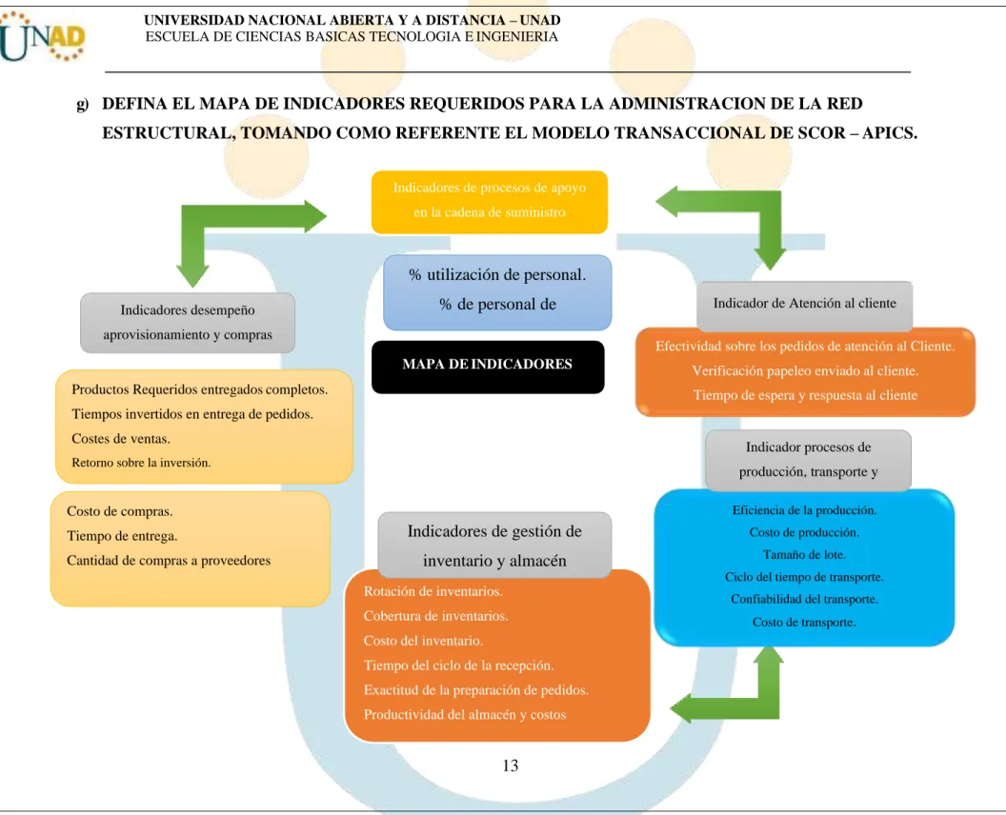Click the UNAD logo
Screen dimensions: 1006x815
click(42, 38)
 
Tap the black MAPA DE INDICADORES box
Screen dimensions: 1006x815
click(488, 367)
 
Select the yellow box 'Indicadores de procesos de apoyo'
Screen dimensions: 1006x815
click(490, 202)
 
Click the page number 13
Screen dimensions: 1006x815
click(510, 765)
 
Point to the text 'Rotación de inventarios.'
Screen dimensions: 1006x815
click(433, 591)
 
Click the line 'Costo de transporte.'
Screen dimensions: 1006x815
click(804, 622)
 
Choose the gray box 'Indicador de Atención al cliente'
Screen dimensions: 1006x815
click(805, 306)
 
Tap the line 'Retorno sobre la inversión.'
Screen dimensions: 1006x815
click(141, 463)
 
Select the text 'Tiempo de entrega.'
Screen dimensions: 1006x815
click(122, 536)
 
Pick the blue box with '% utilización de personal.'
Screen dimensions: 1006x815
click(497, 292)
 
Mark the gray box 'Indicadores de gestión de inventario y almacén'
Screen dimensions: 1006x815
click(494, 545)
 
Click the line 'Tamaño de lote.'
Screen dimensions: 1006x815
click(804, 555)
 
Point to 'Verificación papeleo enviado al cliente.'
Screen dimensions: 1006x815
click(805, 370)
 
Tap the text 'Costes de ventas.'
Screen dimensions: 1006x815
click(121, 439)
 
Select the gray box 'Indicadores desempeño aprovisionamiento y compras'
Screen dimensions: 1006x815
click(188, 323)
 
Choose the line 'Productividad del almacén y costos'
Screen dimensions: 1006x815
click(465, 714)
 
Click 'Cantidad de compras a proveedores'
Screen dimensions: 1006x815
click(169, 561)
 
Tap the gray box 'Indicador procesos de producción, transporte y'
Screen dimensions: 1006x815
click(808, 461)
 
